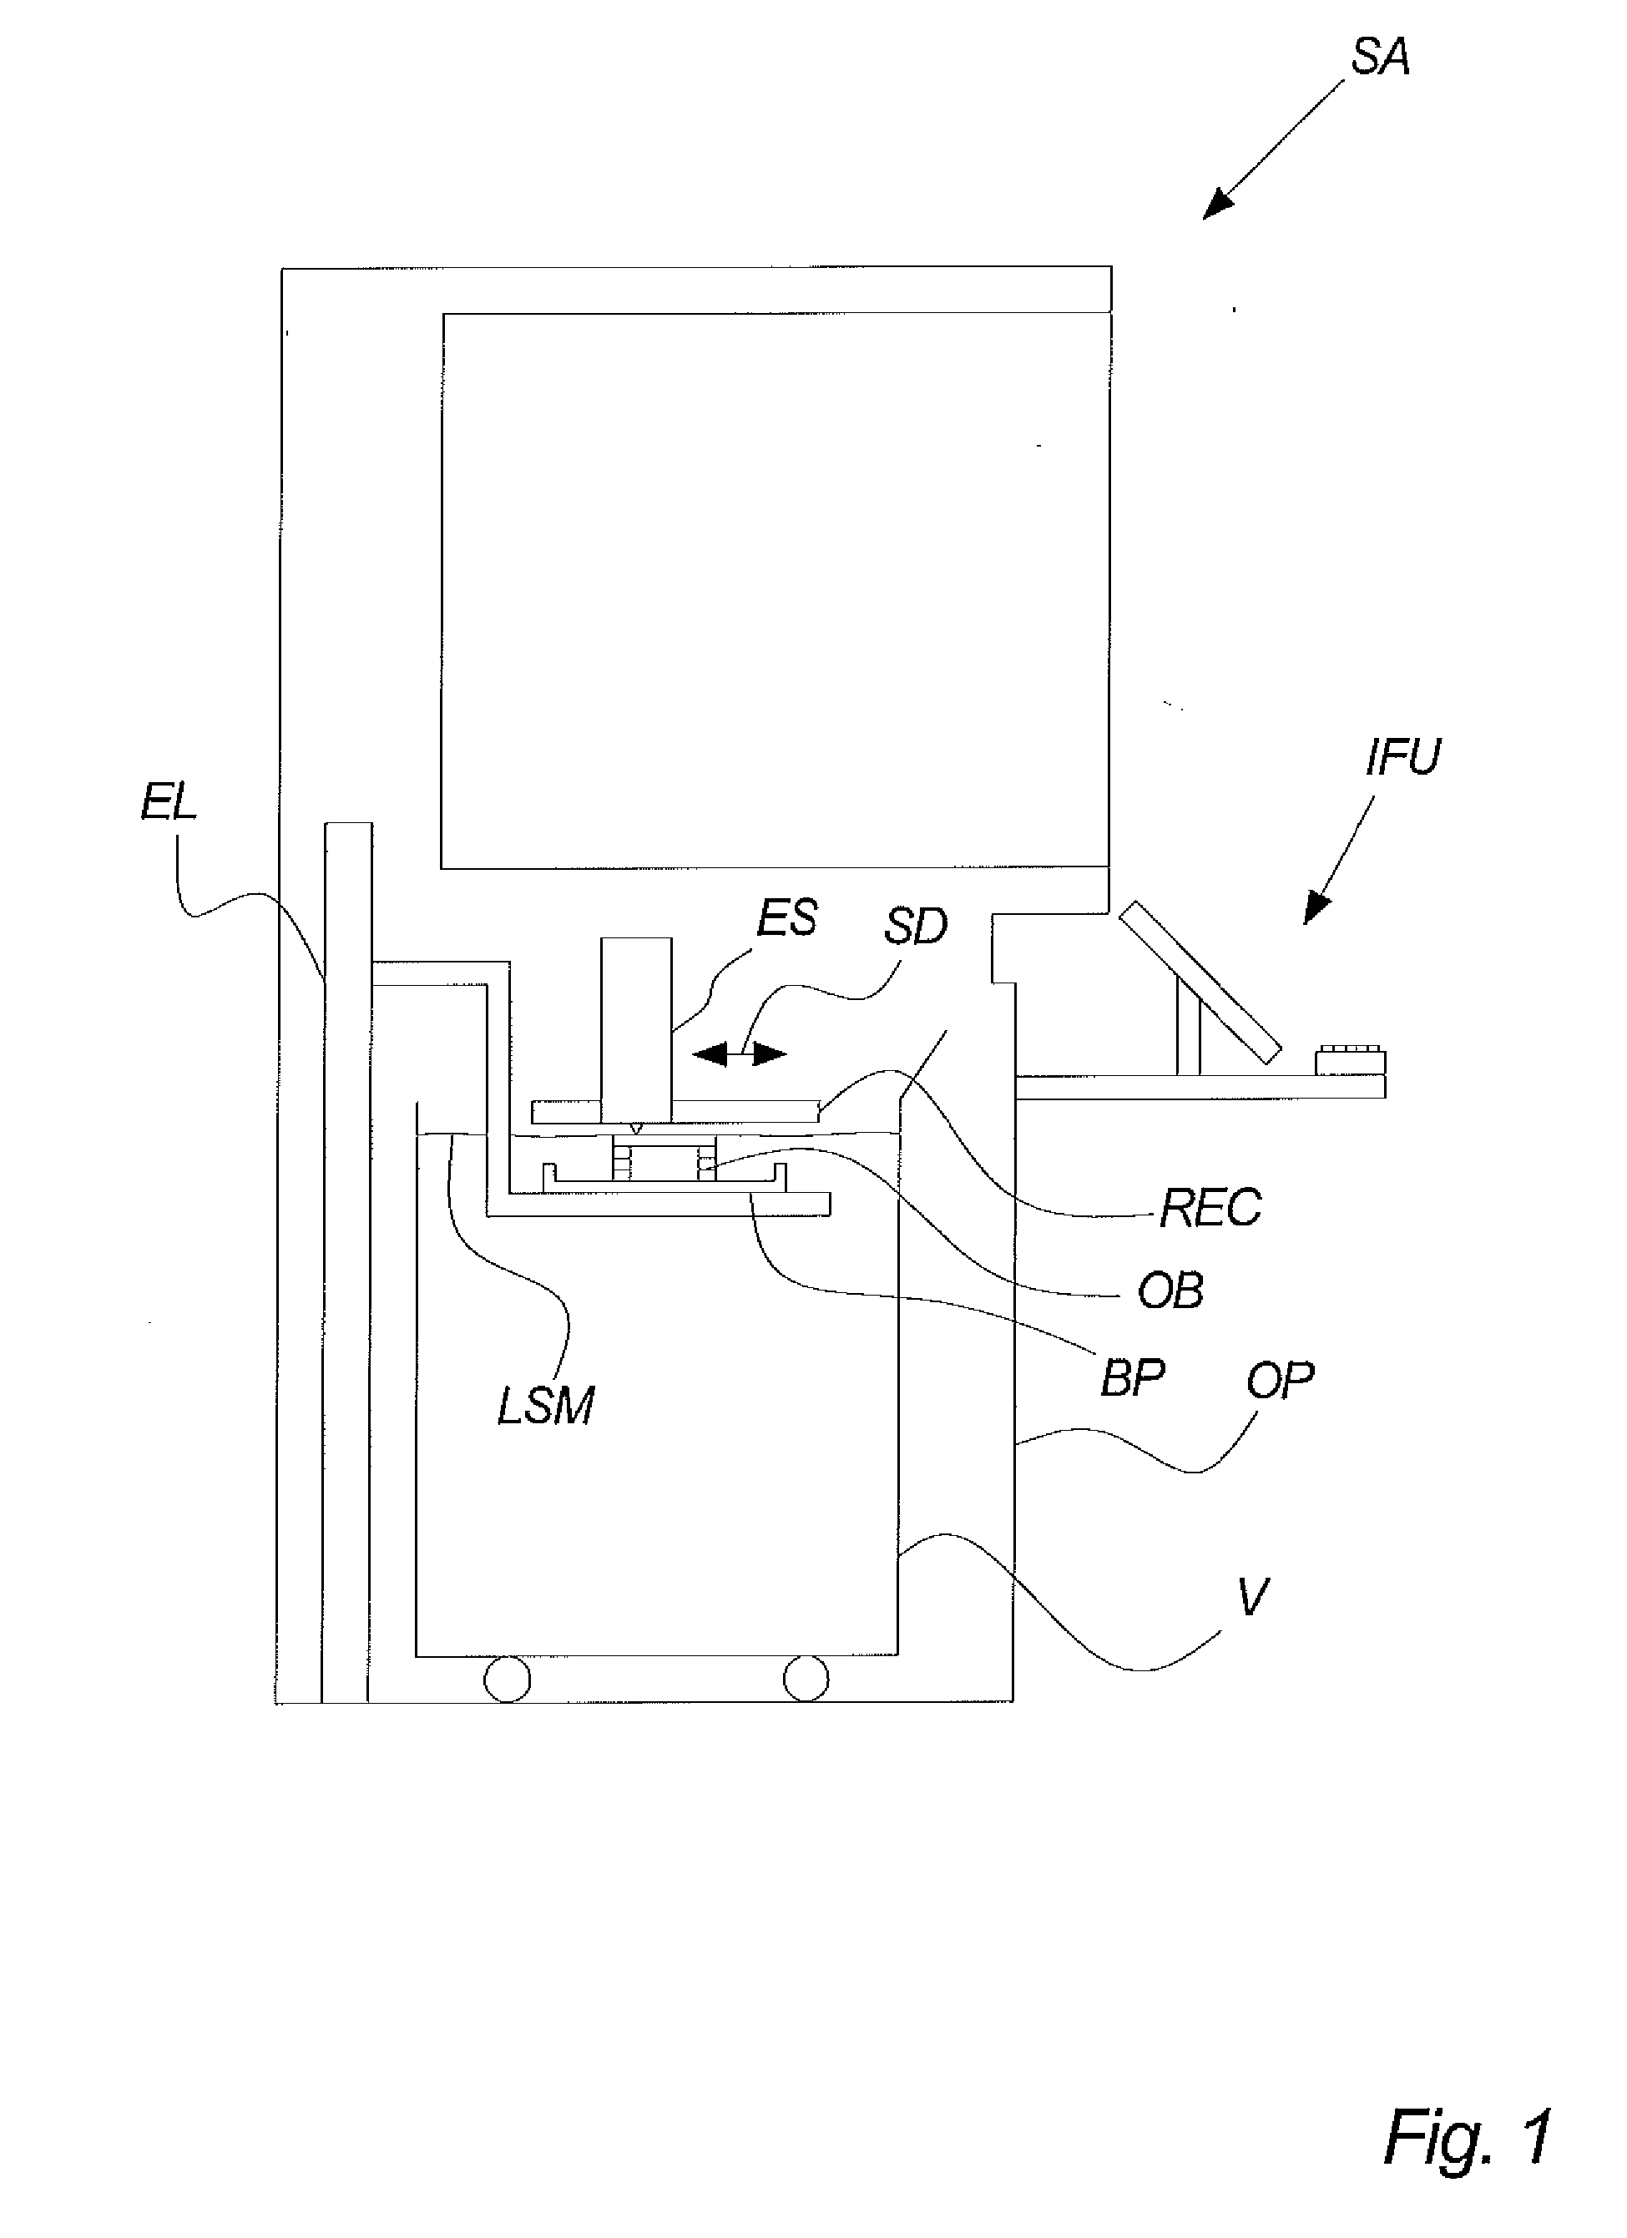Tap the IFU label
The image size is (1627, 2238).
click(x=1402, y=757)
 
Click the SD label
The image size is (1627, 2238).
click(x=915, y=926)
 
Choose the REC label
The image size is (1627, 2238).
click(x=1210, y=1208)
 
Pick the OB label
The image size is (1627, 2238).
click(x=1170, y=1291)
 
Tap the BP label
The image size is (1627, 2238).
click(x=1133, y=1377)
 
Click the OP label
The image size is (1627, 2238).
click(x=1280, y=1381)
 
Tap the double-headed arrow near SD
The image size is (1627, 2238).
click(x=739, y=1055)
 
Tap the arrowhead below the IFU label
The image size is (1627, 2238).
click(x=1316, y=908)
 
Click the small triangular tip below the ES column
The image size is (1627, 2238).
click(x=636, y=1127)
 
